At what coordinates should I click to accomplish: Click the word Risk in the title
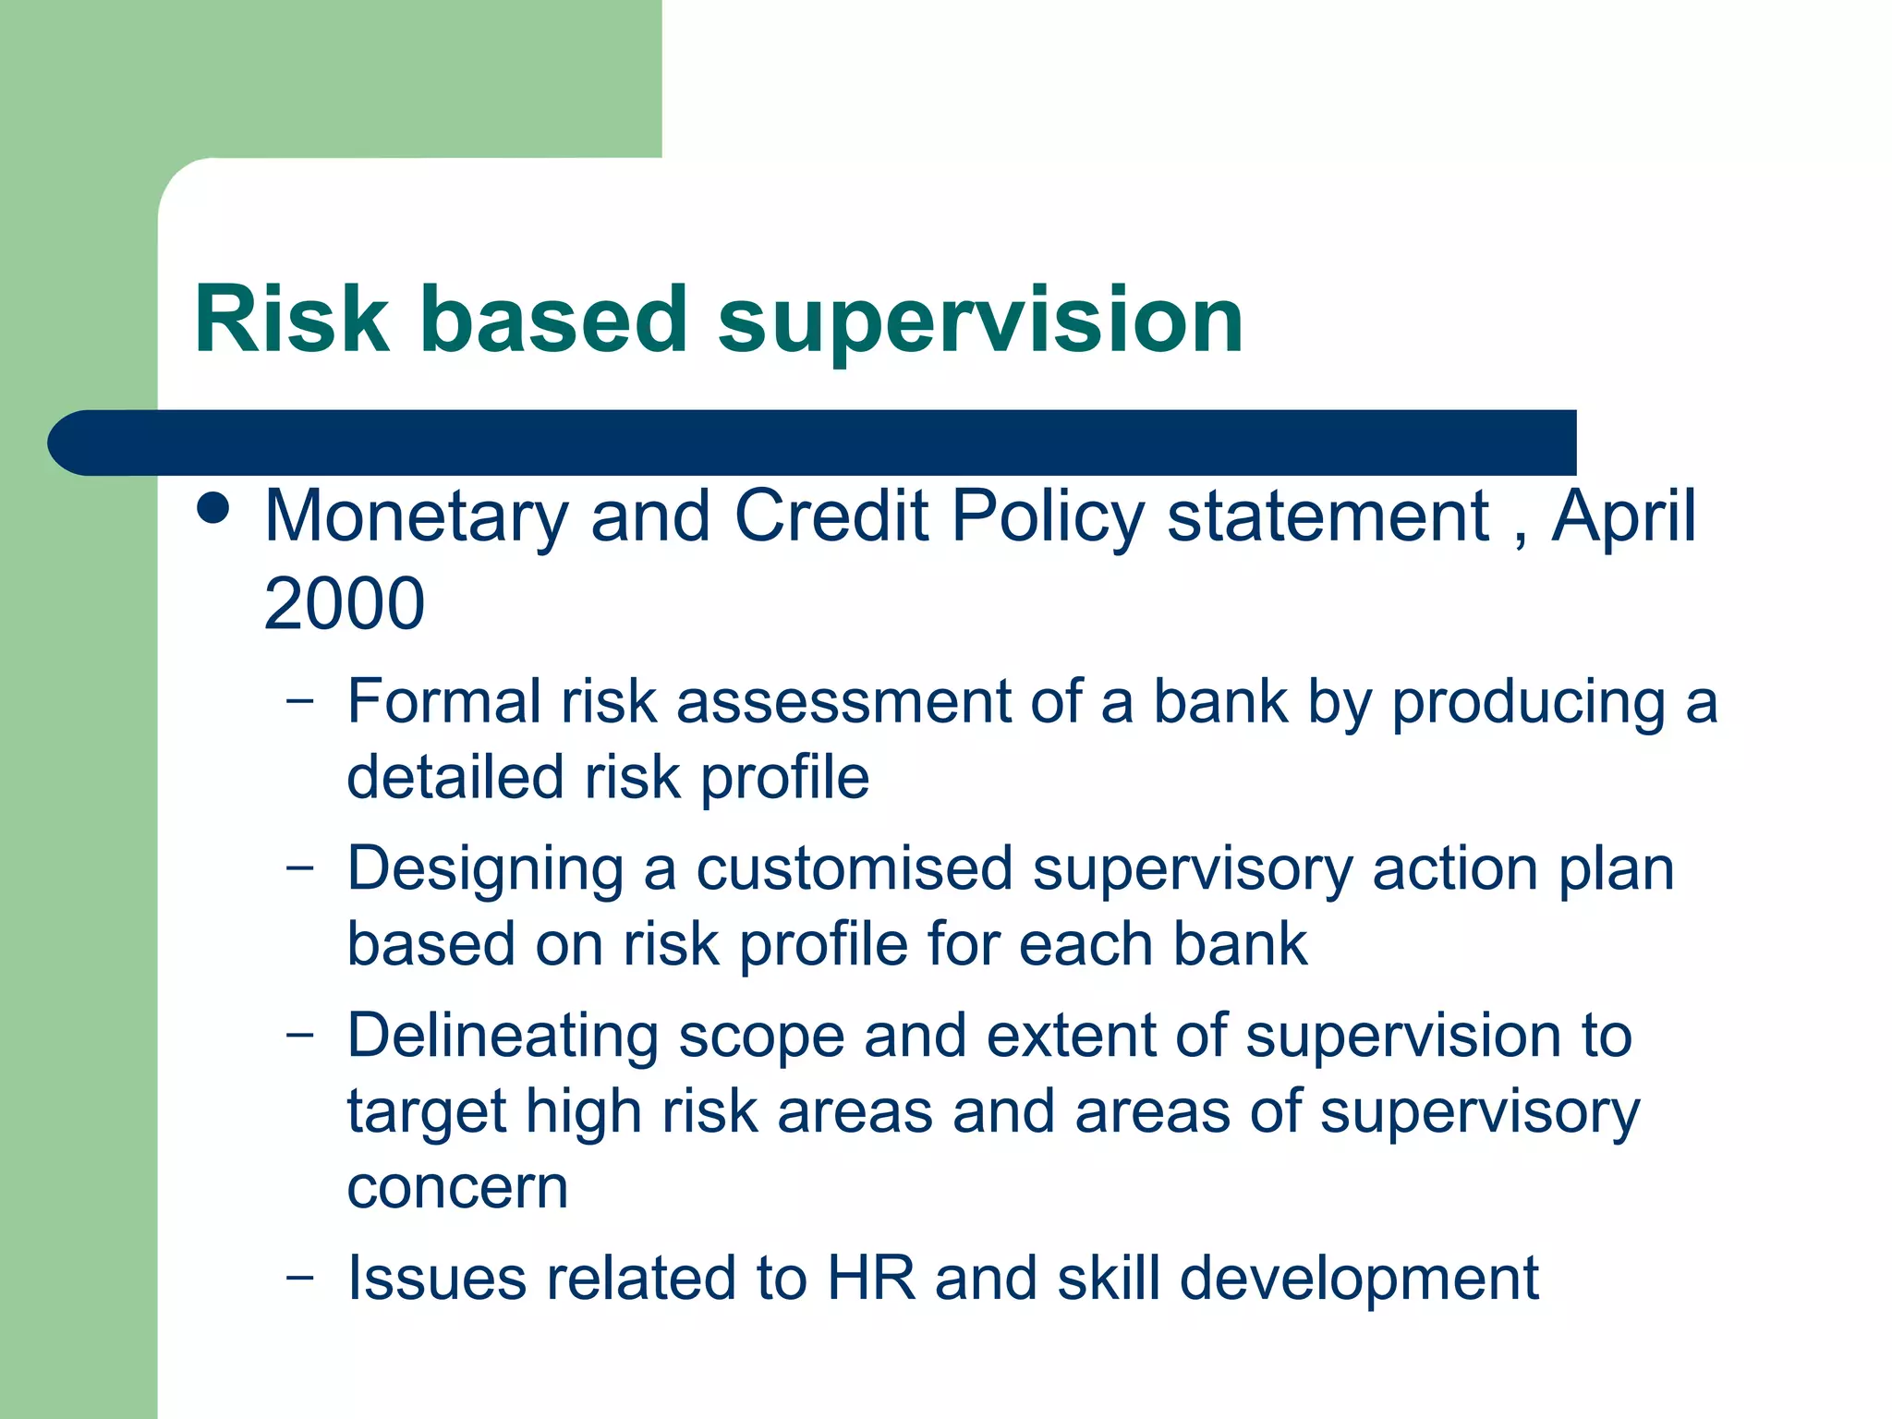pos(292,320)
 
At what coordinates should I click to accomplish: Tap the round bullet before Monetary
pos(213,508)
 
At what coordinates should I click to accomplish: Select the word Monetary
pos(416,517)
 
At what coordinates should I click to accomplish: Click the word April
pos(1623,517)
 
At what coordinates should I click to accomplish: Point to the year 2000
pos(344,604)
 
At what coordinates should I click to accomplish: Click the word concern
pos(457,1188)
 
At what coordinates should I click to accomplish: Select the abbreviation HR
pos(871,1279)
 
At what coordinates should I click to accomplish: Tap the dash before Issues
pos(300,1277)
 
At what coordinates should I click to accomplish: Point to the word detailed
pos(455,777)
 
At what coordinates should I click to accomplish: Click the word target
pos(426,1113)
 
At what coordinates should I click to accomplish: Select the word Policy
pos(1048,517)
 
